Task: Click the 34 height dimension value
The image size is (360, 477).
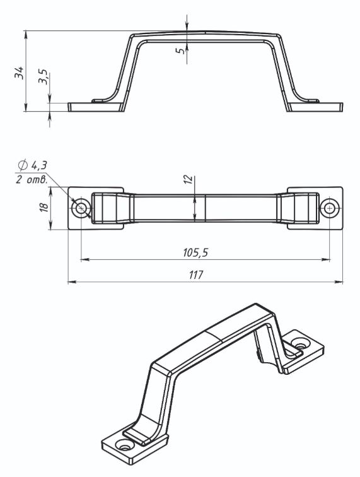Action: tap(19, 73)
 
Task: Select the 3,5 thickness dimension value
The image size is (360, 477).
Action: tap(43, 77)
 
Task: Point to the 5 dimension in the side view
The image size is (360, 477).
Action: tap(180, 50)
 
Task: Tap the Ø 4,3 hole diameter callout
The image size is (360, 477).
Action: tap(33, 166)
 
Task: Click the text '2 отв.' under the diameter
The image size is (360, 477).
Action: tap(32, 180)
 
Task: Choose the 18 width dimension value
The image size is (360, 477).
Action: tap(44, 207)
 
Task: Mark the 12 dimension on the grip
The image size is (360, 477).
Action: tap(189, 179)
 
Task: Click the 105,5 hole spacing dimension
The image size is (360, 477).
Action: tap(195, 252)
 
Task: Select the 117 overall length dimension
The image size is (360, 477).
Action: tap(195, 275)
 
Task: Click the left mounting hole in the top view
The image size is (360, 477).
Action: tap(81, 208)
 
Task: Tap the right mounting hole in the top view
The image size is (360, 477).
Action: tap(330, 208)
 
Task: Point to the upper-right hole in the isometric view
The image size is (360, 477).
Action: tap(301, 344)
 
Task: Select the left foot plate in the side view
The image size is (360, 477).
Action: tap(96, 107)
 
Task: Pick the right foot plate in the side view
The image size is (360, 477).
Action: tap(315, 107)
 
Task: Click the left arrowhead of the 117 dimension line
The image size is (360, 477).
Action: tap(71, 282)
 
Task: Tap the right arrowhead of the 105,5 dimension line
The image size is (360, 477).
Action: tap(326, 259)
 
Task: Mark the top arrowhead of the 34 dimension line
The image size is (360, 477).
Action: tap(26, 34)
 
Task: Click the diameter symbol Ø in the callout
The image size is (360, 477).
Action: tap(22, 165)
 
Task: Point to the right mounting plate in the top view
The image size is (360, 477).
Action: tap(315, 208)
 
